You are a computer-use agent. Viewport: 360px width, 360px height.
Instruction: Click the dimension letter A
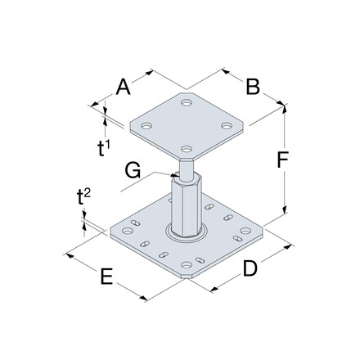pyautogui.click(x=124, y=86)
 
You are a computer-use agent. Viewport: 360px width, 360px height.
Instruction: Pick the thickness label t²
pyautogui.click(x=83, y=196)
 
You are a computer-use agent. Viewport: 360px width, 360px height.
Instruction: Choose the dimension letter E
pyautogui.click(x=105, y=278)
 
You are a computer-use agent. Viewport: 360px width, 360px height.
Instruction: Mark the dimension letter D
pyautogui.click(x=250, y=268)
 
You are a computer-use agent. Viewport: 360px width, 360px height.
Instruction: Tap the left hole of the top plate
pyautogui.click(x=146, y=127)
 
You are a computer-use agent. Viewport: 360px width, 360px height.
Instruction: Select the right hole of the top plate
pyautogui.click(x=229, y=125)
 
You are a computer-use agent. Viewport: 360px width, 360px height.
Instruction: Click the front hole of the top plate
pyautogui.click(x=187, y=149)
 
